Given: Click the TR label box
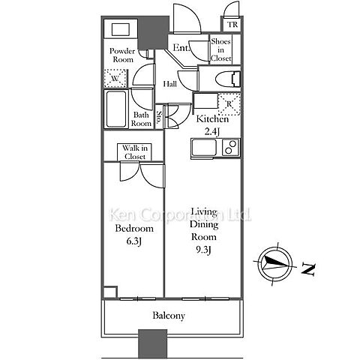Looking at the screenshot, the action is [x=232, y=25].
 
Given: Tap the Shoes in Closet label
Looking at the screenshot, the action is [x=220, y=49].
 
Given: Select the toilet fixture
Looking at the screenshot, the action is [x=228, y=79].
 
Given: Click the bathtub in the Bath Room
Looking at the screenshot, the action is [x=116, y=109].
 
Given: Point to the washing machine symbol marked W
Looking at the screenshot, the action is [x=115, y=78].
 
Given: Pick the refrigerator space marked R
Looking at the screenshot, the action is [x=229, y=104].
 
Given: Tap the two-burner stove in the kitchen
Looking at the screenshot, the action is [x=231, y=148].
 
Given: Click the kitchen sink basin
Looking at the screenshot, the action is [x=204, y=148].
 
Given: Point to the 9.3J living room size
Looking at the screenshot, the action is [x=202, y=250].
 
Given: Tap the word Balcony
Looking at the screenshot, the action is [x=169, y=316].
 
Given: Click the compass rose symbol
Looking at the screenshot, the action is [x=275, y=264].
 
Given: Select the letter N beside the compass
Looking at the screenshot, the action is [x=308, y=269].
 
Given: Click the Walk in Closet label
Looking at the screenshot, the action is [x=135, y=152].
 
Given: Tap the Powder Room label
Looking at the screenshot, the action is [x=122, y=55].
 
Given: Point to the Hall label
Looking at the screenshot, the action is [x=170, y=84].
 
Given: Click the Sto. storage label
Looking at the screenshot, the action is [x=158, y=118].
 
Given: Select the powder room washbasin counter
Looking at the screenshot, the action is [x=121, y=29].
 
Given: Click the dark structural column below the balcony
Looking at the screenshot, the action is [x=152, y=344].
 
